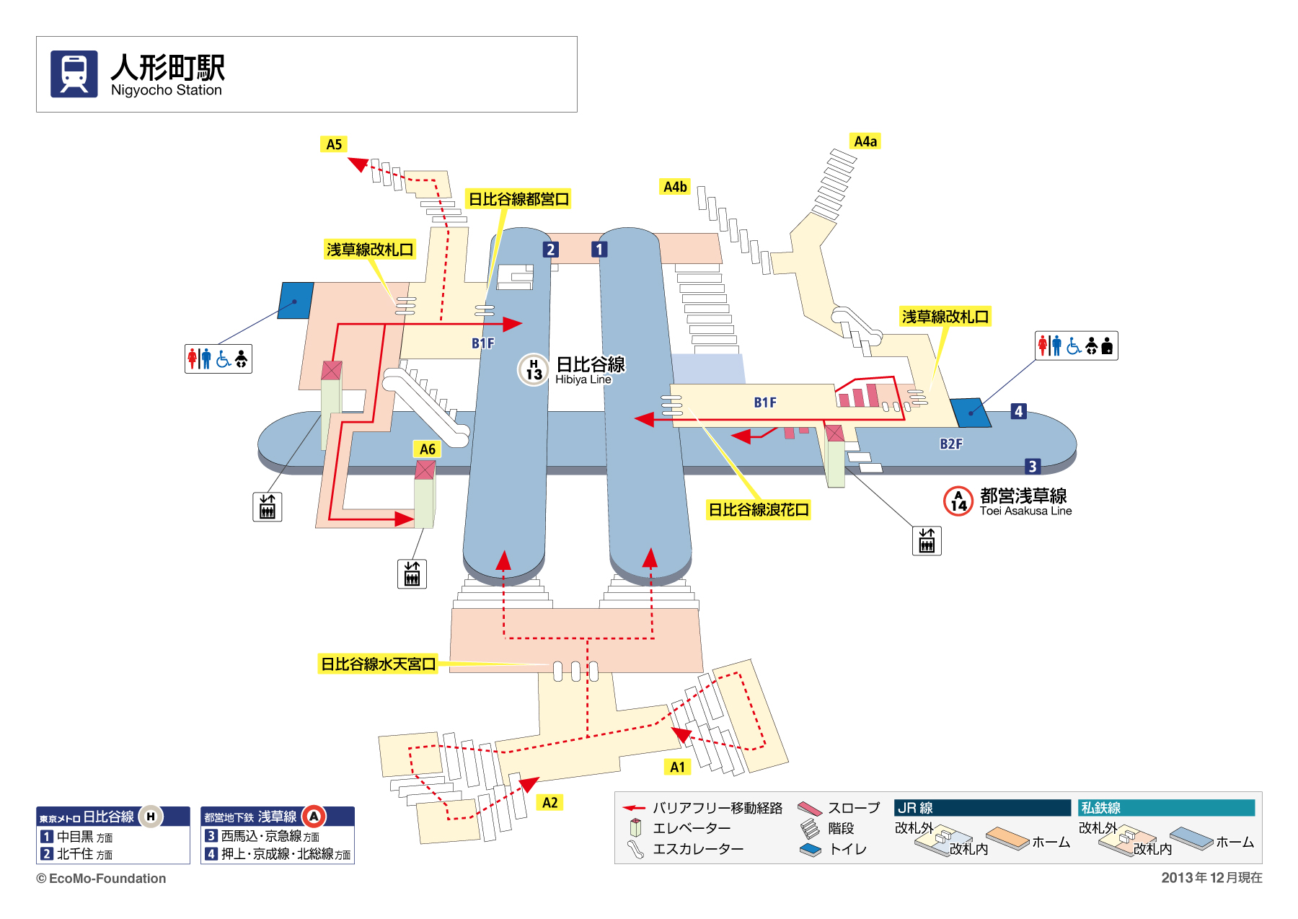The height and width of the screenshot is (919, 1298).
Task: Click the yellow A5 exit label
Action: [x=334, y=144]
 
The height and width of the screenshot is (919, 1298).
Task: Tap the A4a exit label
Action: [x=865, y=141]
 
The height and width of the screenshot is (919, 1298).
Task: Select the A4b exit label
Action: [x=675, y=187]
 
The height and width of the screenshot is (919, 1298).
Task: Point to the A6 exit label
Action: [x=428, y=449]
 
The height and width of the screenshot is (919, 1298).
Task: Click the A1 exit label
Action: [x=677, y=767]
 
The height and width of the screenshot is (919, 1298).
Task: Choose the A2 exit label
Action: [x=549, y=803]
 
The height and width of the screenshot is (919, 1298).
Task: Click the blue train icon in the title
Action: [x=74, y=74]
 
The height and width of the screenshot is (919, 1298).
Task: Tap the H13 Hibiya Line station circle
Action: [x=534, y=370]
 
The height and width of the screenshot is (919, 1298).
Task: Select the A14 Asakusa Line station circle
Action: [x=958, y=501]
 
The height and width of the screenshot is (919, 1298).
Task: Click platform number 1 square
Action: [x=599, y=250]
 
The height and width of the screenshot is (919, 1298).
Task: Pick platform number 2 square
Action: [x=550, y=250]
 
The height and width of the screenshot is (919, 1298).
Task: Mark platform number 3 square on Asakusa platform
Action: [x=1032, y=467]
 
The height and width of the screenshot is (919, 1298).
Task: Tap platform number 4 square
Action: [x=1018, y=411]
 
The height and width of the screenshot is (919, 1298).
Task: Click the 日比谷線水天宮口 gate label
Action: [x=379, y=664]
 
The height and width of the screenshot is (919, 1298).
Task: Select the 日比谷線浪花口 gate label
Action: [x=759, y=510]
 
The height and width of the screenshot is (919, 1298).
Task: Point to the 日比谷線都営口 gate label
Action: [x=518, y=199]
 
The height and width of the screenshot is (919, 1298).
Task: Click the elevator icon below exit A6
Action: [x=412, y=574]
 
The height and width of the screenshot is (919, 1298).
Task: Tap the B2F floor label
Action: [x=950, y=444]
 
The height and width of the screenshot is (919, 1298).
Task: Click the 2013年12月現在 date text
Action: [x=1211, y=878]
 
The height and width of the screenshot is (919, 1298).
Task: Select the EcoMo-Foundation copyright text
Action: [x=102, y=879]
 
